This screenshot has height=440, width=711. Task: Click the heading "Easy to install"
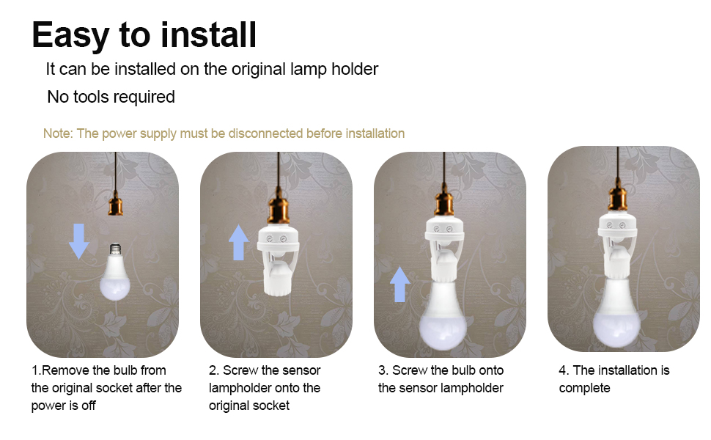(144, 34)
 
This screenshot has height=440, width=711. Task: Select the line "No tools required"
(111, 97)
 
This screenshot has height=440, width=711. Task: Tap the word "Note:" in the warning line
(59, 133)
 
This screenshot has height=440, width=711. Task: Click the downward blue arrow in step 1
(79, 241)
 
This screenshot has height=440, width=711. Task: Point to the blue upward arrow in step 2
(239, 243)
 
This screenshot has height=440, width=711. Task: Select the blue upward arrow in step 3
(399, 284)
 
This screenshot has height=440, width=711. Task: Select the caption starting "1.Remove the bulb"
(106, 388)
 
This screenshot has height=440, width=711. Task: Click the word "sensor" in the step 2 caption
(302, 370)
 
